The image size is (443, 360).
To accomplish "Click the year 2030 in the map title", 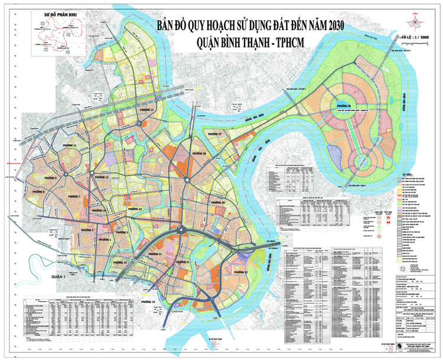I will point(329,26).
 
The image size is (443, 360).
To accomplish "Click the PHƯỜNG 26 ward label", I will point(198,153).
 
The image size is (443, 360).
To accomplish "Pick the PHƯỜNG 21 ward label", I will point(183,261).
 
